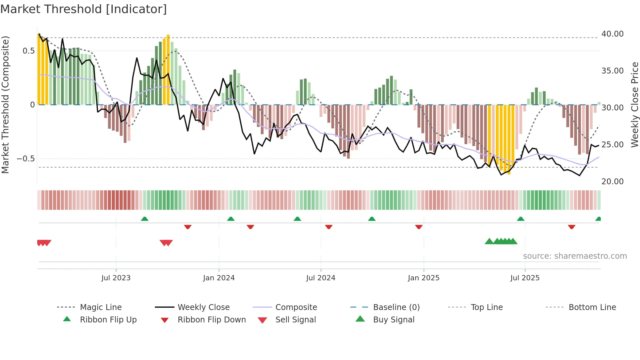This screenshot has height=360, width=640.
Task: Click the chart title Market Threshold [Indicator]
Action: point(84,9)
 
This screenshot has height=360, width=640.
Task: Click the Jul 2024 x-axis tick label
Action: point(321,278)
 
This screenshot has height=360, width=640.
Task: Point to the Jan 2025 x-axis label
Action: point(424,278)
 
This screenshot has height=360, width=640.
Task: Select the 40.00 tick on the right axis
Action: point(612,34)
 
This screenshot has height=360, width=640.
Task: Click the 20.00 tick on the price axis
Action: point(612,181)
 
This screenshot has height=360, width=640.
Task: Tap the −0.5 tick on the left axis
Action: point(25,159)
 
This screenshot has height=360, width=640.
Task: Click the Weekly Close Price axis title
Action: point(634,105)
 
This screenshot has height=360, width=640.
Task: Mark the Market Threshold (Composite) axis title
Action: point(5,105)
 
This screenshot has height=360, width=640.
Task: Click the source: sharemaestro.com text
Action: point(575,256)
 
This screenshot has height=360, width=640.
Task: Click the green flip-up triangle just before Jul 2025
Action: point(520,219)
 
